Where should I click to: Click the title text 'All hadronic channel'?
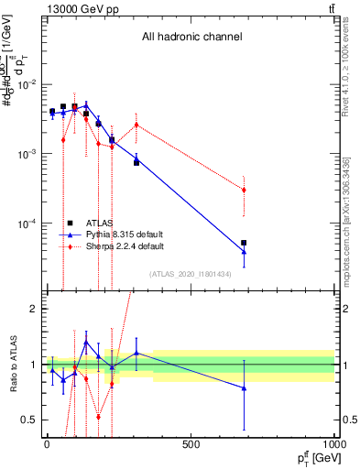click(191, 38)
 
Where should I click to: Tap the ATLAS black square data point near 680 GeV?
click(244, 243)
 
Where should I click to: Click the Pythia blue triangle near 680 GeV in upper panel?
click(244, 252)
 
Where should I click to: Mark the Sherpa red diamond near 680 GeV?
click(244, 190)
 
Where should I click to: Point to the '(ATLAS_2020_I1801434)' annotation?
click(191, 274)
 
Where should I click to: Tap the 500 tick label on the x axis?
click(191, 446)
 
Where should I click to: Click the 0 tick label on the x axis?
click(47, 446)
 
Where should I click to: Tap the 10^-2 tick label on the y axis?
click(25, 84)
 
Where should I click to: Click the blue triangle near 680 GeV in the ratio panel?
click(244, 388)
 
